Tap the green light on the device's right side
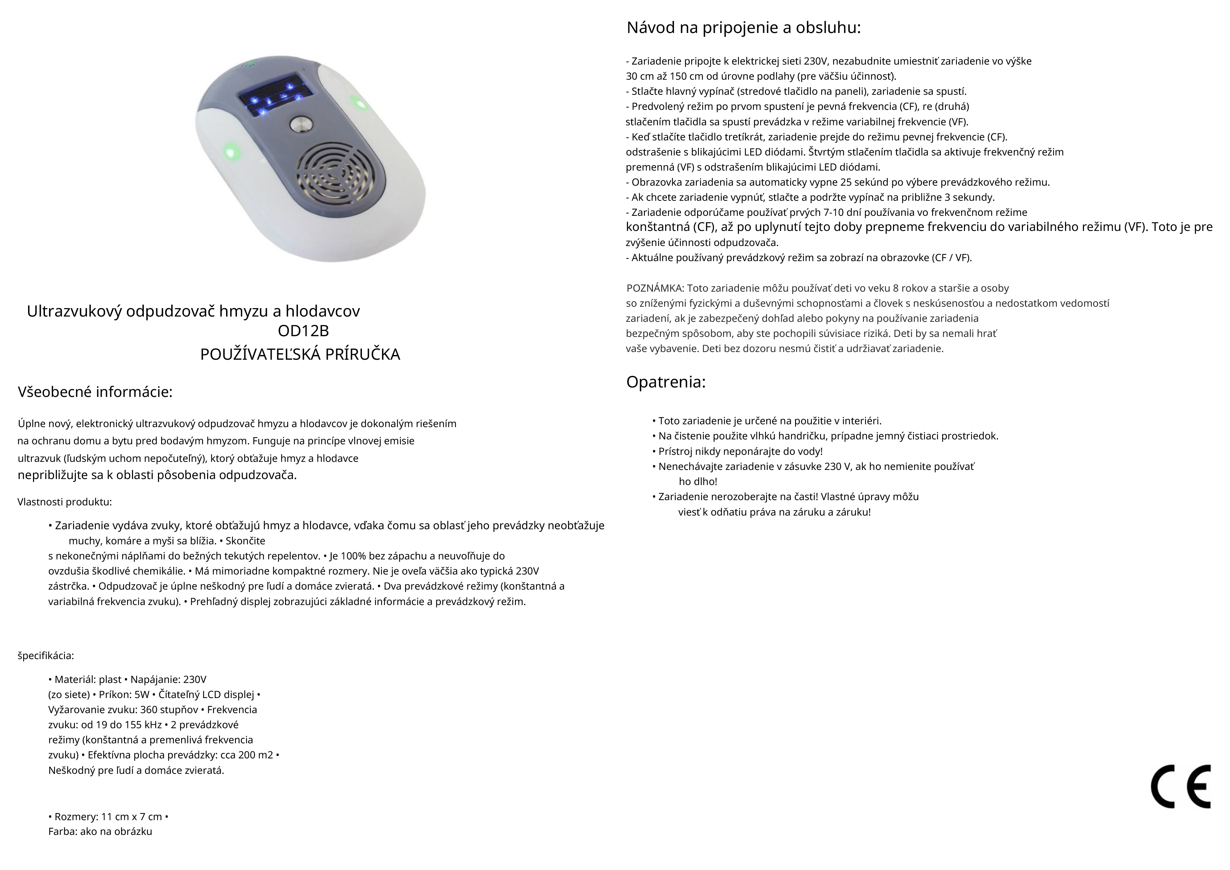pos(357,102)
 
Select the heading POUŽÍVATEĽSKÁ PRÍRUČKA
pos(300,355)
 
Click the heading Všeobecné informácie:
pos(95,392)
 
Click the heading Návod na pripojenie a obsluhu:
pos(743,28)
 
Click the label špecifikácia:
pos(46,656)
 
